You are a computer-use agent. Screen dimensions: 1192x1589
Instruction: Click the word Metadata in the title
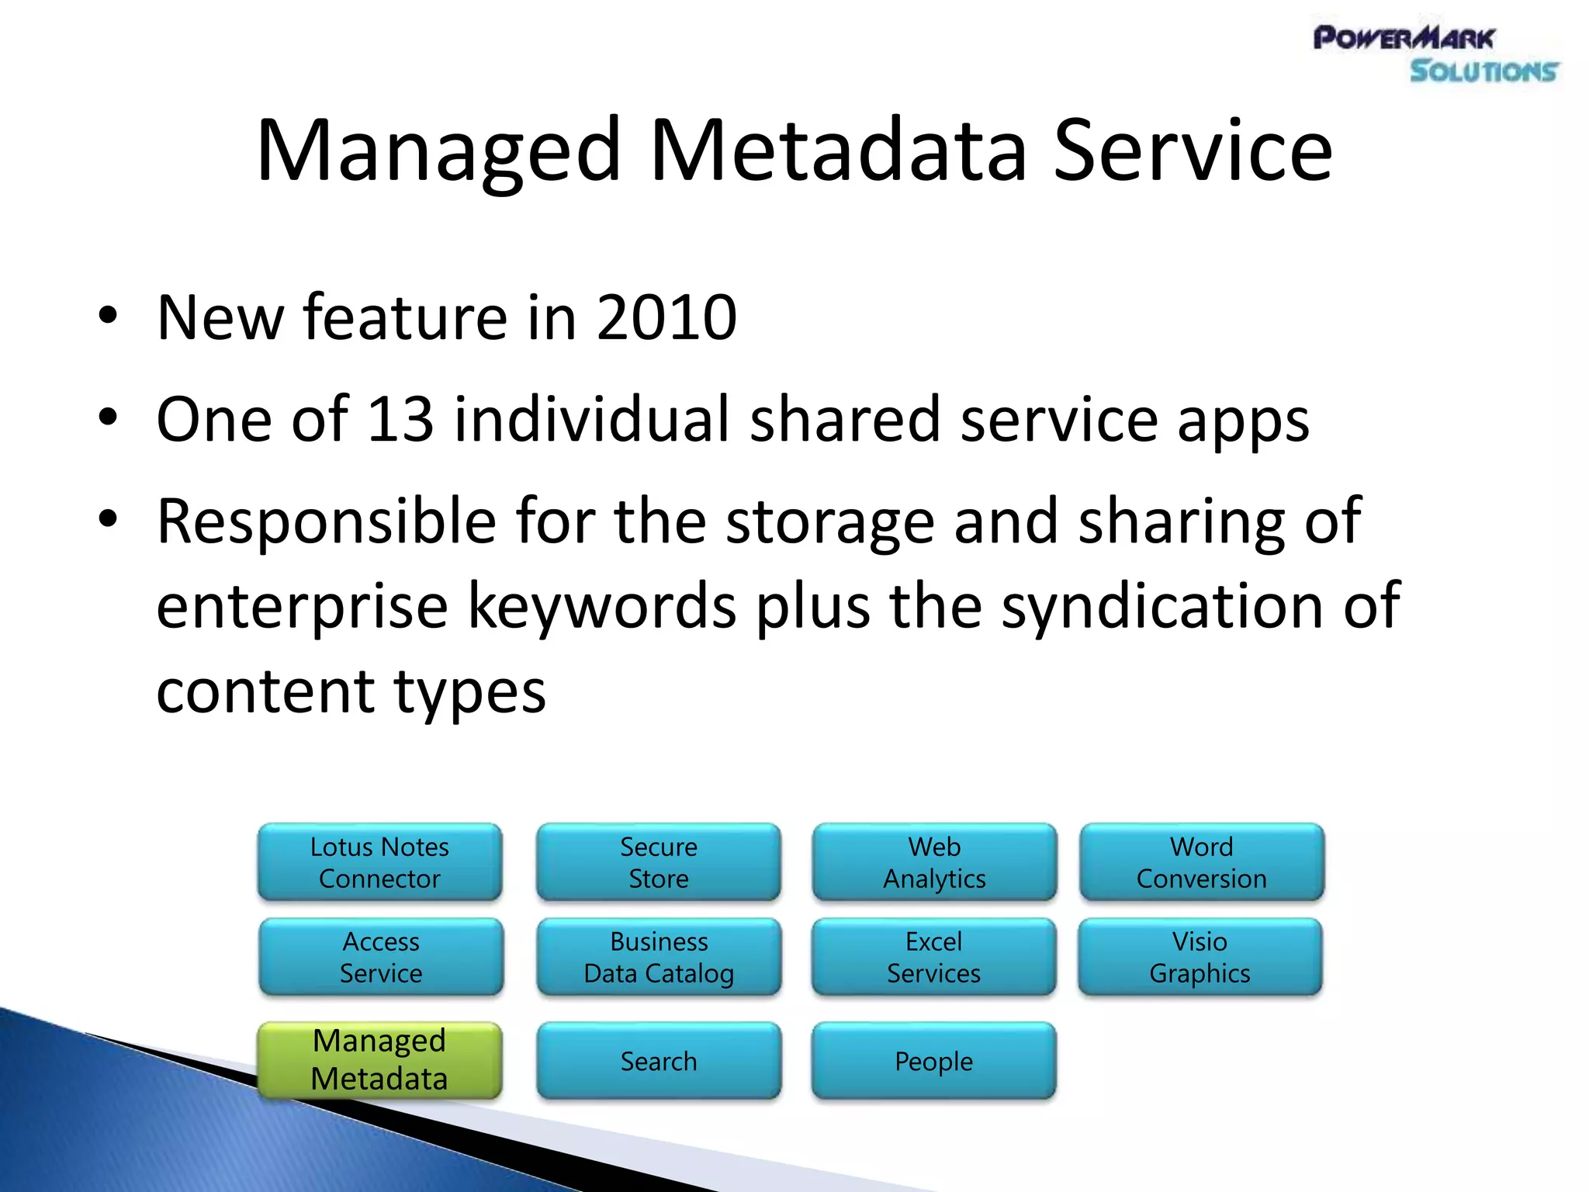pos(838,151)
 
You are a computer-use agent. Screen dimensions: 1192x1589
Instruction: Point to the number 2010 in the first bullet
pos(666,317)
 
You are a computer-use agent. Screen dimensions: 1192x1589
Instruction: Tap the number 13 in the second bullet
pos(399,420)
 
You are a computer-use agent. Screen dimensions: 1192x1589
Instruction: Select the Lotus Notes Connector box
pos(379,862)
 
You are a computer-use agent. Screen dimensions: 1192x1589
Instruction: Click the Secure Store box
pos(658,862)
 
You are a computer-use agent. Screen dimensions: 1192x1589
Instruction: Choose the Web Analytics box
pos(934,862)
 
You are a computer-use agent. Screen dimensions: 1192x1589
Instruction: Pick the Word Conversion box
pos(1201,862)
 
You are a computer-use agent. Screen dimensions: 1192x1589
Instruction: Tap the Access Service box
pos(381,957)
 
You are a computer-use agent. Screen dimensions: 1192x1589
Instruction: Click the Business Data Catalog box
pos(659,957)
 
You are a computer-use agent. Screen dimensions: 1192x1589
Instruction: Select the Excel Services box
pos(933,957)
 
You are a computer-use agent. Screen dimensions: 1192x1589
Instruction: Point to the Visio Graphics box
pos(1200,957)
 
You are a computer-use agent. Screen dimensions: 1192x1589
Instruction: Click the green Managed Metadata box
pos(379,1060)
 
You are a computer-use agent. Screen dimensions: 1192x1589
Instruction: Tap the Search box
pos(658,1061)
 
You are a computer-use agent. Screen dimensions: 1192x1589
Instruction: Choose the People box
pos(933,1061)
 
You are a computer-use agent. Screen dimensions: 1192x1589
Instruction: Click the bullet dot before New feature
pos(108,316)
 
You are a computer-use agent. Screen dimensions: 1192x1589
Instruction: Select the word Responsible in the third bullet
pos(326,521)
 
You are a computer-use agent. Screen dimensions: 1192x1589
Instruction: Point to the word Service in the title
pos(1193,151)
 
